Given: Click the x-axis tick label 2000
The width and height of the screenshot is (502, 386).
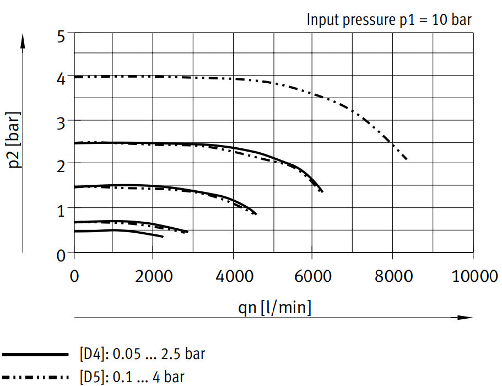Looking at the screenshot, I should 154,275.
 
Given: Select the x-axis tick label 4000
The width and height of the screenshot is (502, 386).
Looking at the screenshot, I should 233,275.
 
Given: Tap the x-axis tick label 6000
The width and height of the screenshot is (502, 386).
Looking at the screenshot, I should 312,275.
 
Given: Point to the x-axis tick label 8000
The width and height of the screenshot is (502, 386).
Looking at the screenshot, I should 392,275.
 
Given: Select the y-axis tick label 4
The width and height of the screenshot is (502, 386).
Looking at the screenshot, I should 61,78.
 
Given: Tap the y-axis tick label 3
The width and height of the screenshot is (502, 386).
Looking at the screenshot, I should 61,121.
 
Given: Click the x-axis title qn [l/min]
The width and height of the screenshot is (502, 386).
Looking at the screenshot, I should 274,307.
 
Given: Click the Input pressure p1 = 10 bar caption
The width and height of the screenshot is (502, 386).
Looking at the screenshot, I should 389,20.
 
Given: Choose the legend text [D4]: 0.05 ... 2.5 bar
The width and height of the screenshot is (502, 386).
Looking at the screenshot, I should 142,353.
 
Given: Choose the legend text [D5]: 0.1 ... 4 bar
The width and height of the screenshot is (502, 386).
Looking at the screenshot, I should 132,377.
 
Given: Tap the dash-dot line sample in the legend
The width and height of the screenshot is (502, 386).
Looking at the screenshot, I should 35,378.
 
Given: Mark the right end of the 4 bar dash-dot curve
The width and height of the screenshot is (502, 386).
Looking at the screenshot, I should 407,160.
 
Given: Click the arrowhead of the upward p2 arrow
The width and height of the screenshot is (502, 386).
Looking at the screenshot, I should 23,40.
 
